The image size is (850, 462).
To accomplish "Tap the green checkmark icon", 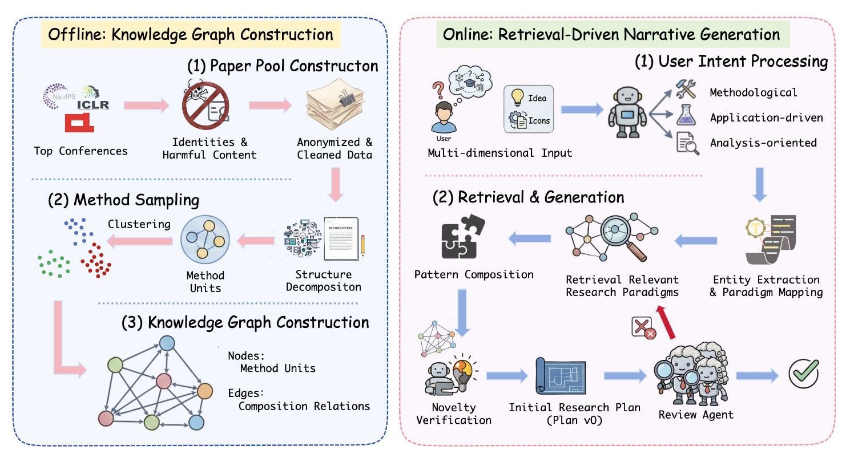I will [x=804, y=374].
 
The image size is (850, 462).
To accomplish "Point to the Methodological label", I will [x=754, y=92].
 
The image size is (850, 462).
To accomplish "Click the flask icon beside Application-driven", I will [x=686, y=115].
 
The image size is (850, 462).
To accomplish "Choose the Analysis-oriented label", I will [x=763, y=143].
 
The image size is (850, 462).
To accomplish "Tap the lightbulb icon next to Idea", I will [x=517, y=96].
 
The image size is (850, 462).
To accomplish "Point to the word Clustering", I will [x=139, y=224].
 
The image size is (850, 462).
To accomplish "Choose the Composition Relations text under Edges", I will [x=304, y=406].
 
